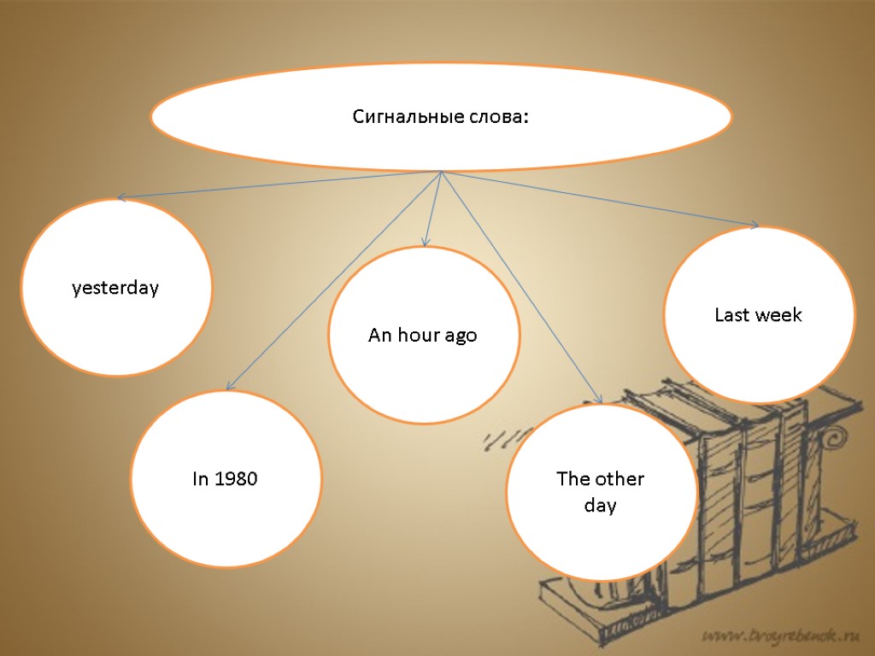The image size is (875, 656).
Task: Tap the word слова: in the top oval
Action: tap(499, 117)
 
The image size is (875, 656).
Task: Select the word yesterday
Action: tap(115, 289)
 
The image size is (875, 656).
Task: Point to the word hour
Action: tap(418, 336)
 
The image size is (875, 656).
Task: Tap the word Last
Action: tap(731, 314)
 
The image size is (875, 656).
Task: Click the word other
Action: tap(619, 478)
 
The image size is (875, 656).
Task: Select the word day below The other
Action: tap(600, 506)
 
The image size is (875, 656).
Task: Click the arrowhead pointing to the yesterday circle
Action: tap(121, 198)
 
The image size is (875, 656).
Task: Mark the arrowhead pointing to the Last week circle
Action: tap(754, 225)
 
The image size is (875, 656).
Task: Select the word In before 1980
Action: tap(200, 479)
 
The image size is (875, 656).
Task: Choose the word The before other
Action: tap(573, 478)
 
